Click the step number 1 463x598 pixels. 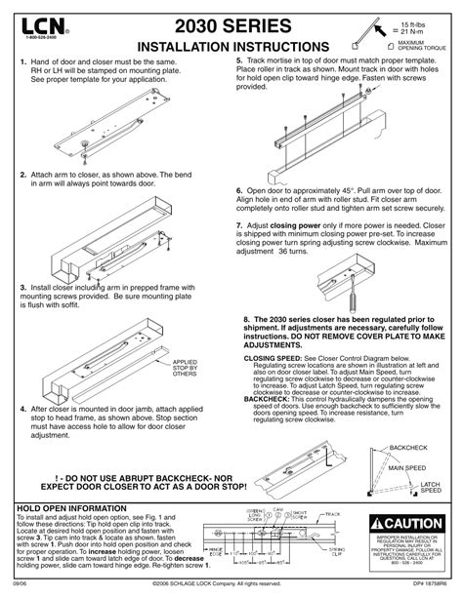22,61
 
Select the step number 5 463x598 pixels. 239,61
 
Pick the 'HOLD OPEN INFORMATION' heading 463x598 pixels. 72,509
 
